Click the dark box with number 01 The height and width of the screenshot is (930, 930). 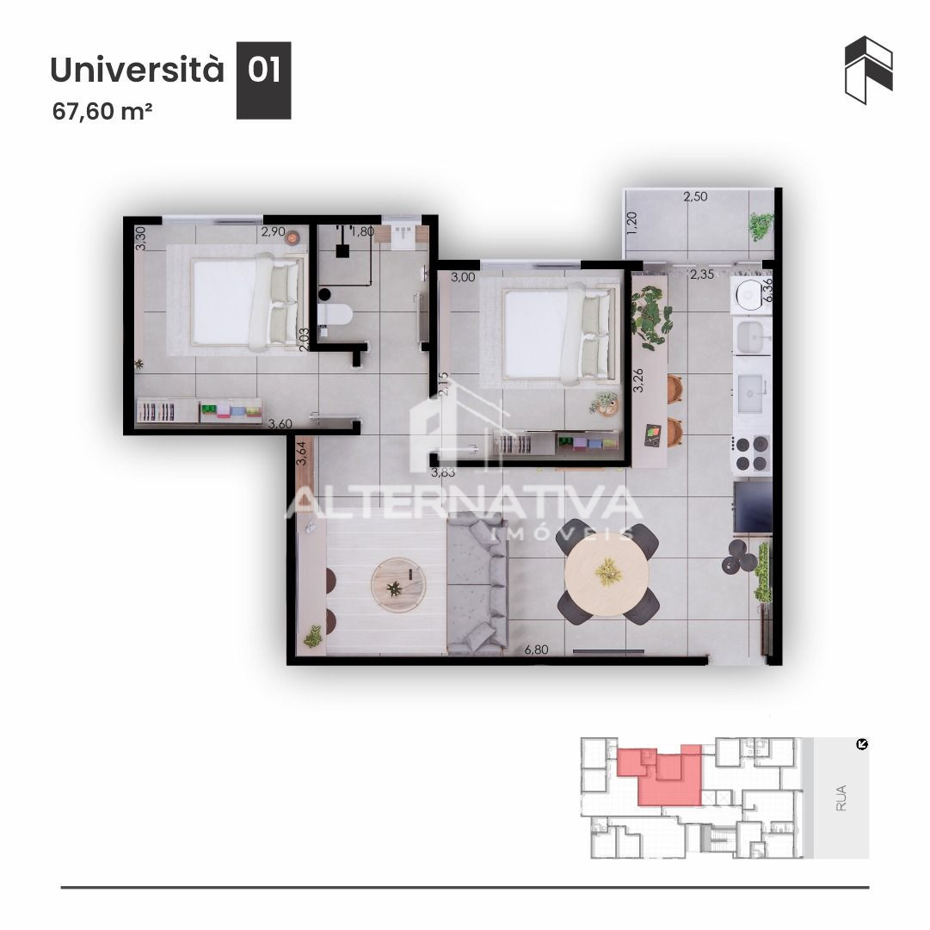[263, 80]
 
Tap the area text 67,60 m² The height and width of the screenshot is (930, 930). [102, 111]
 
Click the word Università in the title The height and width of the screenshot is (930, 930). [137, 69]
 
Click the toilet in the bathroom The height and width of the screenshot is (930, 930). [334, 315]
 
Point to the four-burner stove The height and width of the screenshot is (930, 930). [752, 453]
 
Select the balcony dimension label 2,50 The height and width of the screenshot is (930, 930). [695, 196]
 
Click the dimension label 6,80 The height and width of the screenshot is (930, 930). [536, 650]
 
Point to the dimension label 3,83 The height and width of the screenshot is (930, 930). [443, 472]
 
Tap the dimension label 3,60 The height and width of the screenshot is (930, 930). [280, 423]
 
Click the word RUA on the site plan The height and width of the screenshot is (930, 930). [841, 798]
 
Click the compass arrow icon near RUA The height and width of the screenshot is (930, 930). [862, 744]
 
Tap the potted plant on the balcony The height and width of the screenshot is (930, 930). [761, 226]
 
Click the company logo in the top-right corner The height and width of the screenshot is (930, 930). [869, 70]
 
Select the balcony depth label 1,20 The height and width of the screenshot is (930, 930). [631, 223]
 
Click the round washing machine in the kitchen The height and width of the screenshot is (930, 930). [751, 294]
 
